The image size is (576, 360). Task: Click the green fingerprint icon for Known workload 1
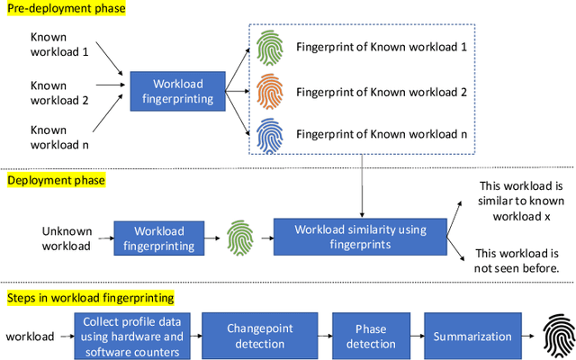pyautogui.click(x=269, y=48)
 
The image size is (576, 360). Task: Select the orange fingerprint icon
pyautogui.click(x=269, y=92)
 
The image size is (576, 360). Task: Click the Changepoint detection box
pyautogui.click(x=259, y=335)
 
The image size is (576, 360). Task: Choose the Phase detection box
pyautogui.click(x=370, y=335)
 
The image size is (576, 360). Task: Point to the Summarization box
pyautogui.click(x=472, y=335)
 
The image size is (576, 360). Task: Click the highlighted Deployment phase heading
pyautogui.click(x=56, y=180)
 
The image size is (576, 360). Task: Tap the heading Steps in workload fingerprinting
pyautogui.click(x=90, y=297)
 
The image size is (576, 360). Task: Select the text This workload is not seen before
pyautogui.click(x=516, y=261)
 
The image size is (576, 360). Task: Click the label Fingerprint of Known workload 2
pyautogui.click(x=381, y=91)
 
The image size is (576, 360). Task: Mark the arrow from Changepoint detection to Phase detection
pyautogui.click(x=325, y=335)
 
